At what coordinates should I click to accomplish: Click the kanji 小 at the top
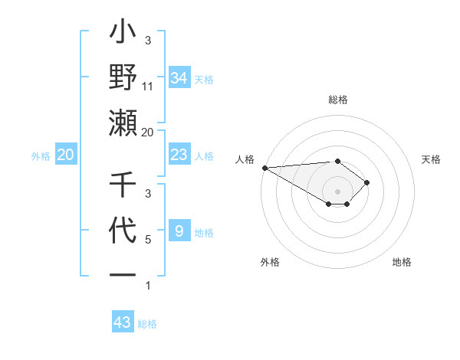(123, 35)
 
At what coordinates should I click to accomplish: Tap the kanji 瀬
(123, 123)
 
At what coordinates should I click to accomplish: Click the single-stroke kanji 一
(123, 274)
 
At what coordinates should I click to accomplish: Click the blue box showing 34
(179, 77)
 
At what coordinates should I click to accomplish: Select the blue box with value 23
(179, 155)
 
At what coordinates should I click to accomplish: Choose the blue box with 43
(123, 322)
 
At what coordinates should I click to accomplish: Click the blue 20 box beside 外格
(65, 155)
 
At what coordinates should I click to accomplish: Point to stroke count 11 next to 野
(148, 87)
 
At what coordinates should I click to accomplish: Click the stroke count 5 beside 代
(148, 240)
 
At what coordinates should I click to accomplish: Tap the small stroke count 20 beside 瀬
(148, 132)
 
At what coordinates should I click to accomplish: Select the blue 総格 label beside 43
(147, 324)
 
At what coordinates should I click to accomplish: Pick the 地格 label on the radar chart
(402, 262)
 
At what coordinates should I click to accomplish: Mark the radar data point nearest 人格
(264, 168)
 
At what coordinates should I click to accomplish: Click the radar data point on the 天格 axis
(368, 182)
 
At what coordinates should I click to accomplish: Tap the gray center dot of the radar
(337, 191)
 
